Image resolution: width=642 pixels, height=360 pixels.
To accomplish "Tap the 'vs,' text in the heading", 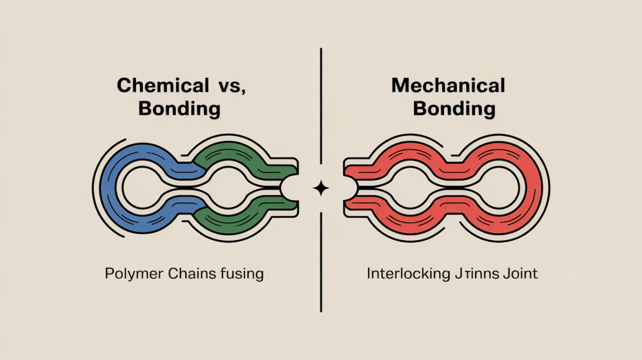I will (x=229, y=87).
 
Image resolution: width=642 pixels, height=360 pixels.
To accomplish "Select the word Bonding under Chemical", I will (x=179, y=109).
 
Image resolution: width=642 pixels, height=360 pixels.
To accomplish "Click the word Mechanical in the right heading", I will (x=448, y=87).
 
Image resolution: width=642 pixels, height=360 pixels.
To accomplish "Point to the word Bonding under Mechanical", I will (x=454, y=109).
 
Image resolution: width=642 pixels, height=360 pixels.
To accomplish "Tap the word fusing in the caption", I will (x=241, y=274).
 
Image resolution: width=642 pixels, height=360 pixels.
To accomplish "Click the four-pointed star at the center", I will (x=321, y=188).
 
